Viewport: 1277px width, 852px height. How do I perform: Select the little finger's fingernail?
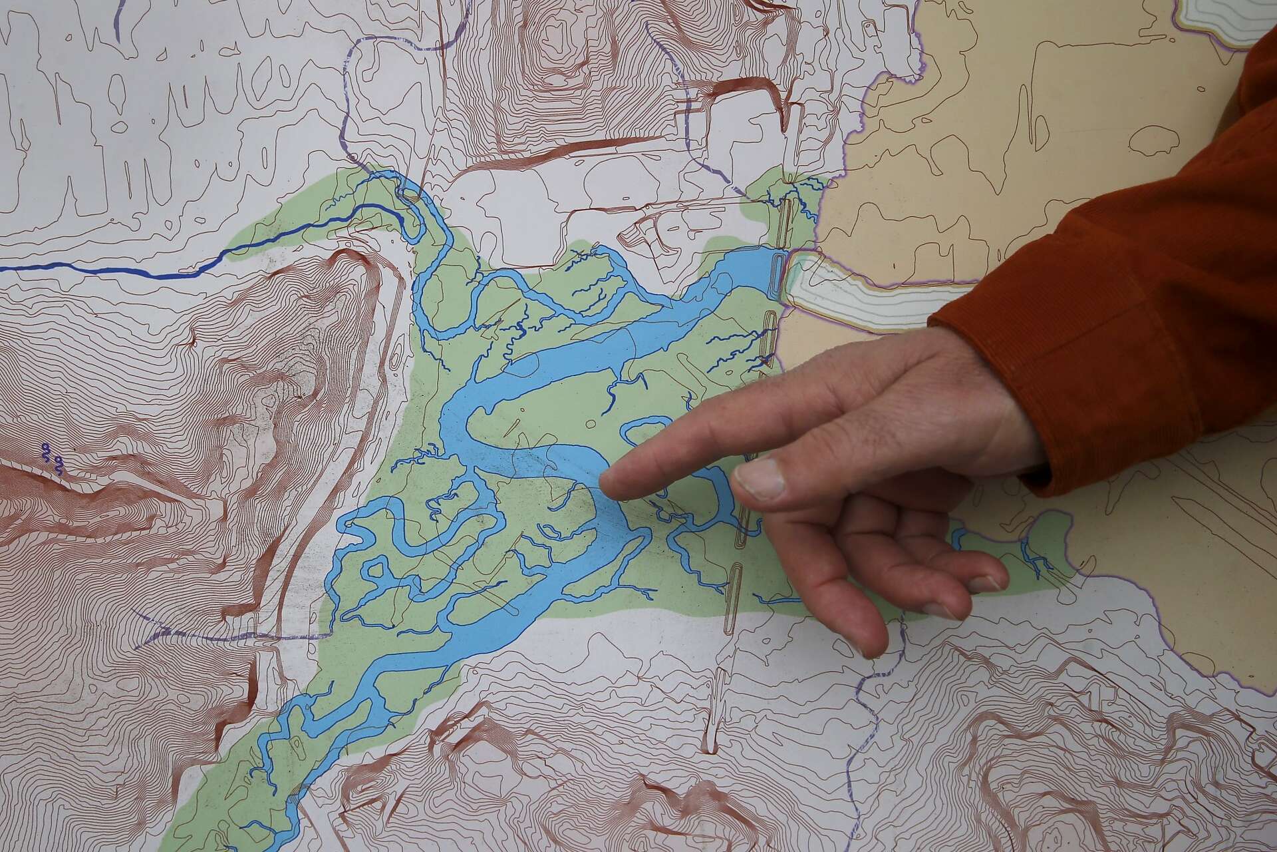(x=986, y=584)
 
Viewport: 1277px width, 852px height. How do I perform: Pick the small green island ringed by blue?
(x=376, y=570)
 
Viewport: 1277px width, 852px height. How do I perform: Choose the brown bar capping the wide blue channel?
(x=780, y=273)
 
